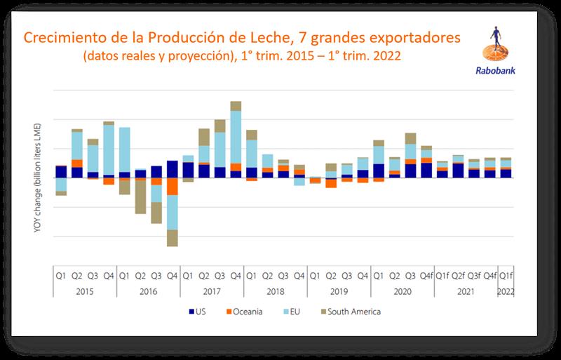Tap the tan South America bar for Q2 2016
pos(140,197)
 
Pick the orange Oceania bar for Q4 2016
pos(172,187)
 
